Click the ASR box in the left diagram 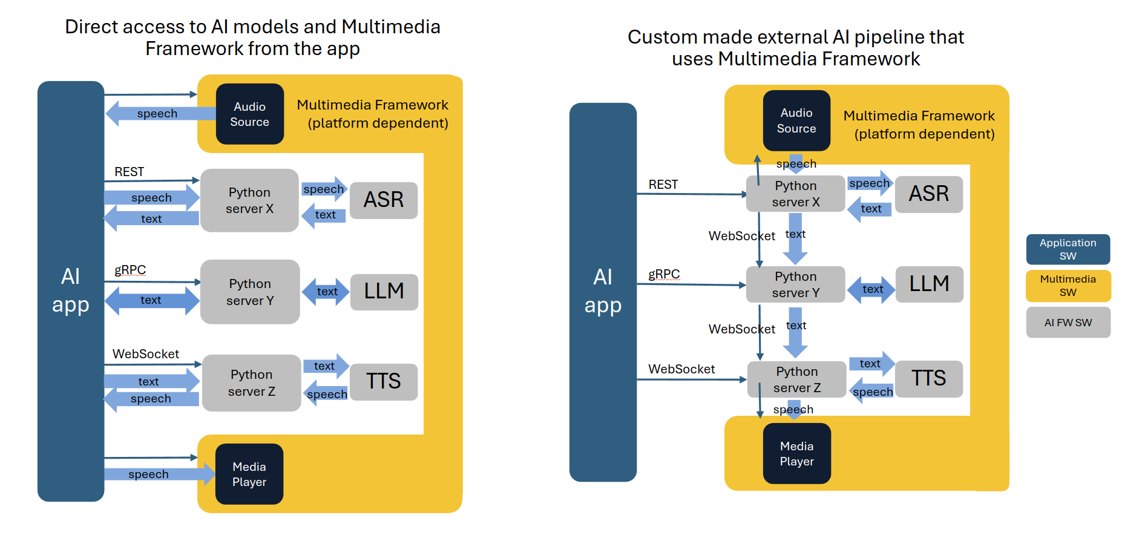[x=384, y=200]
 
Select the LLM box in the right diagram [x=929, y=284]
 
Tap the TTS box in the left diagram [x=384, y=381]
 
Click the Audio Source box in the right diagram [x=796, y=120]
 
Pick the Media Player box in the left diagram [x=249, y=474]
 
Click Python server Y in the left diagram [x=250, y=292]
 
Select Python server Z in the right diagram [x=796, y=379]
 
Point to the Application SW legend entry [x=1068, y=249]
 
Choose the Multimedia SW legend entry [x=1068, y=286]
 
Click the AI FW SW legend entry [x=1068, y=323]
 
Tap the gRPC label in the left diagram [x=130, y=270]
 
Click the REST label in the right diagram [x=663, y=185]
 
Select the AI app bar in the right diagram [x=603, y=292]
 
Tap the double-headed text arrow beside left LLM [x=327, y=292]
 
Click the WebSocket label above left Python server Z [x=145, y=354]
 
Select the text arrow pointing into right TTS [x=871, y=363]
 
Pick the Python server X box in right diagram [x=795, y=194]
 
